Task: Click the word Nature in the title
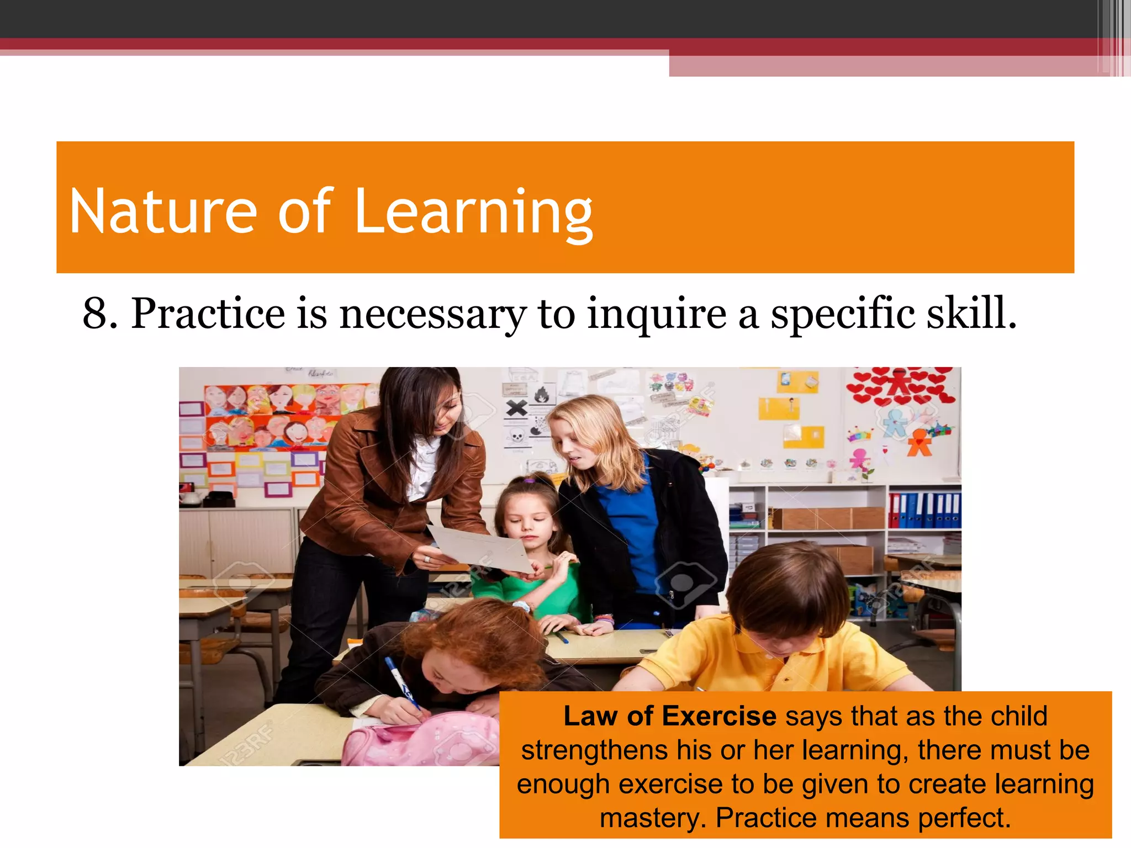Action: coord(163,211)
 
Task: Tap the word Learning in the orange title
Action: coord(473,214)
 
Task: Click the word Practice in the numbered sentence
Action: coord(208,314)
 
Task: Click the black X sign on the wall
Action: coord(516,409)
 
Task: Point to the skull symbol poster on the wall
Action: coord(517,436)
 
